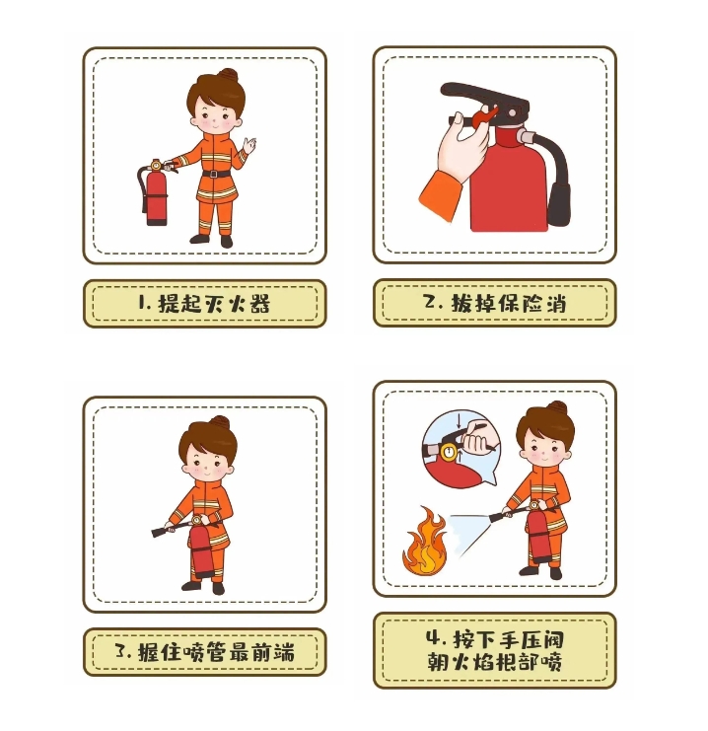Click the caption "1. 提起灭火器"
pyautogui.click(x=204, y=304)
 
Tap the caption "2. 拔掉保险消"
pyautogui.click(x=495, y=304)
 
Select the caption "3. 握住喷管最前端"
pyautogui.click(x=205, y=652)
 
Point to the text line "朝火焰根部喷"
pyautogui.click(x=495, y=662)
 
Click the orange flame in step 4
pyautogui.click(x=424, y=543)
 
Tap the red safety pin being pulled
pyautogui.click(x=483, y=116)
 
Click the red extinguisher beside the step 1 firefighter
pyautogui.click(x=156, y=192)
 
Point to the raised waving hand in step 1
pyautogui.click(x=249, y=145)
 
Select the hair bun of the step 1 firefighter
pyautogui.click(x=229, y=75)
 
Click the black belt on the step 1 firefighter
pyautogui.click(x=216, y=174)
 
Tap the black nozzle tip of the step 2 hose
pyautogui.click(x=558, y=204)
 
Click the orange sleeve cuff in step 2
pyautogui.click(x=440, y=196)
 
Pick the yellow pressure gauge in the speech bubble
pyautogui.click(x=450, y=452)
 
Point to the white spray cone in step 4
pyautogui.click(x=469, y=532)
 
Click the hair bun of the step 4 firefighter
pyautogui.click(x=557, y=408)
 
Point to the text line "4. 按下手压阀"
pyautogui.click(x=495, y=639)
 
